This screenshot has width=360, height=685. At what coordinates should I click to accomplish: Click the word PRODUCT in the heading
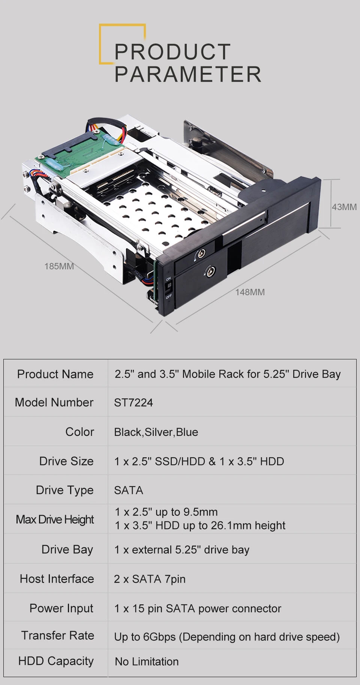pos(172,52)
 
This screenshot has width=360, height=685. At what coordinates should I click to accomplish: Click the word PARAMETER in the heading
pos(188,74)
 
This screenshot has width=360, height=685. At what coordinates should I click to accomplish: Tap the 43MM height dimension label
pos(344,207)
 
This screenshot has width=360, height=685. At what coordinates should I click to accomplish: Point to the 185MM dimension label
pos(59,266)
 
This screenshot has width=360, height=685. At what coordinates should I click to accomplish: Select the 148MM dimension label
pos(250,292)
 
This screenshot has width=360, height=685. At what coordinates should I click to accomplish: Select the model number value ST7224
pos(133,403)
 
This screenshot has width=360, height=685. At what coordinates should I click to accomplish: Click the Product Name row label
pos(55,374)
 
